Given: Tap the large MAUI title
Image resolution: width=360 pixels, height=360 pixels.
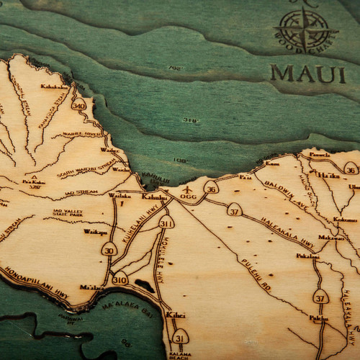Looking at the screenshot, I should pyautogui.click(x=307, y=73).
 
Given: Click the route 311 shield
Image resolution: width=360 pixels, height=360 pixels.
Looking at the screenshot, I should pyautogui.click(x=166, y=222).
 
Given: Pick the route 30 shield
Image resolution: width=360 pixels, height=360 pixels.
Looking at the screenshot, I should pyautogui.click(x=109, y=250).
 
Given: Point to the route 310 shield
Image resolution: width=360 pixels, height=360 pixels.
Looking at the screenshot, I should pyautogui.click(x=120, y=279).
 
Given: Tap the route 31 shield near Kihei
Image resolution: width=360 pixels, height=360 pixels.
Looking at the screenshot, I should pyautogui.click(x=180, y=336).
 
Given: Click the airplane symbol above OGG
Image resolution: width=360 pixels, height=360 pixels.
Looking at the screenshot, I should pyautogui.click(x=188, y=189).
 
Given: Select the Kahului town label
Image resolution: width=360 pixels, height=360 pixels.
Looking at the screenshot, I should pyautogui.click(x=154, y=197).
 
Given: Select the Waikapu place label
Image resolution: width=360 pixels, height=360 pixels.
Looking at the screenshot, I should pyautogui.click(x=94, y=232).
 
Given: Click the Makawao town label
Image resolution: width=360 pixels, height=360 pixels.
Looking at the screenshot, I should pyautogui.click(x=331, y=237).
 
